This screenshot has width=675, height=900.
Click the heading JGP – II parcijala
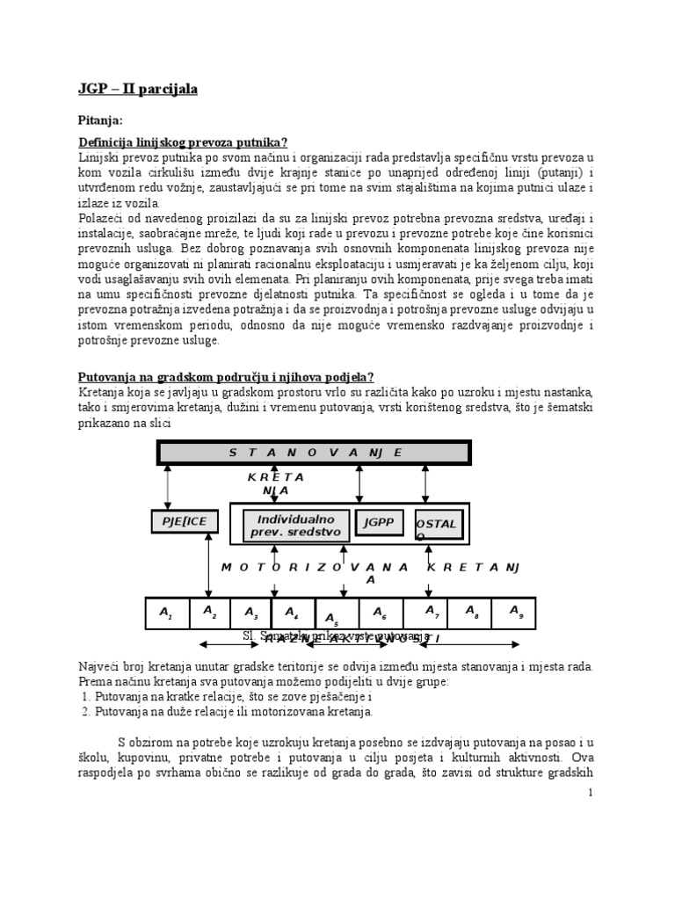click(138, 90)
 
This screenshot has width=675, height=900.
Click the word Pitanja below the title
click(102, 119)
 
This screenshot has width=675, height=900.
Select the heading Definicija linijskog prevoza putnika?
click(184, 142)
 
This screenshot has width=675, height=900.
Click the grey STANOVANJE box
click(315, 453)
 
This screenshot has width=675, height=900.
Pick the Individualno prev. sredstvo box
click(294, 526)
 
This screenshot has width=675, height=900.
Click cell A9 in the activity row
click(515, 612)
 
